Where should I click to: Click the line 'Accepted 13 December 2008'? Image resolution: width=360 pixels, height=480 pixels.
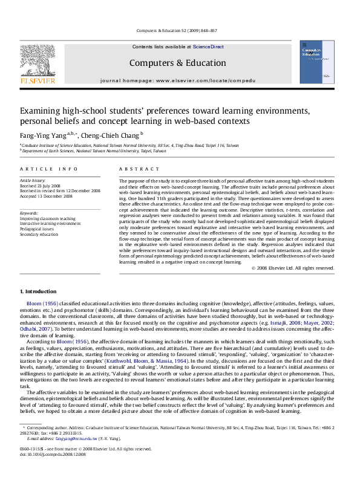point(47,196)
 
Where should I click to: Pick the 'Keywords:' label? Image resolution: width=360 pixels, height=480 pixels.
point(30,213)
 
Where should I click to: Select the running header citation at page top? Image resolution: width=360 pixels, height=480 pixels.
point(180,30)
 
